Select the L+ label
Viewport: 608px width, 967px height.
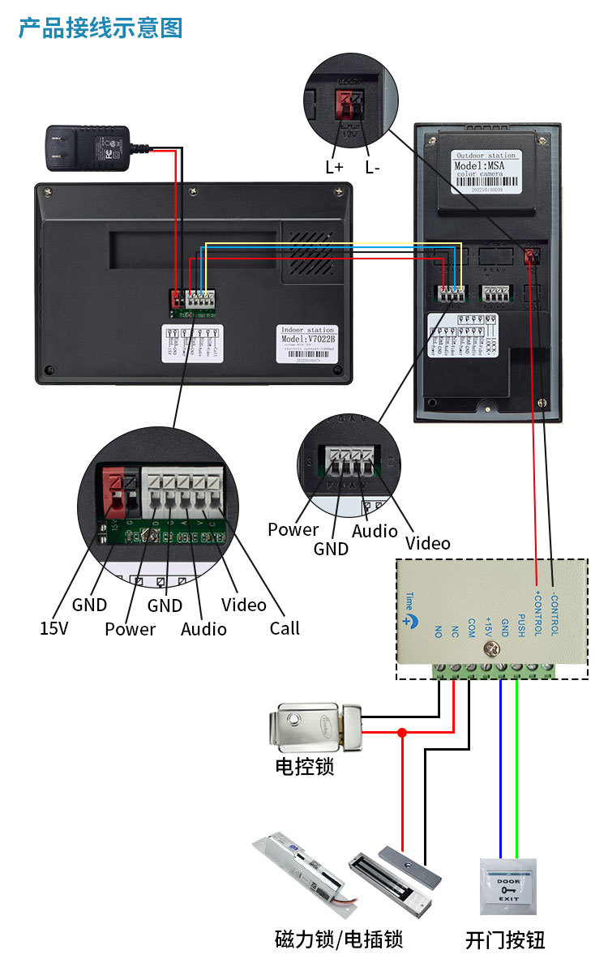pos(335,167)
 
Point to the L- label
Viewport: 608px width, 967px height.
pos(373,167)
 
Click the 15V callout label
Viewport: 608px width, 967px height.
pos(54,627)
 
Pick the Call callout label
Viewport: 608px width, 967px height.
pos(285,627)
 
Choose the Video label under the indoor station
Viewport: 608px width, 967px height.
pos(243,605)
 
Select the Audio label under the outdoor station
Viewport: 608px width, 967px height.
pos(375,531)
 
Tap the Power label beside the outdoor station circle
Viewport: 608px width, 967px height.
pos(293,529)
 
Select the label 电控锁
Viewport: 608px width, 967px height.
pos(305,765)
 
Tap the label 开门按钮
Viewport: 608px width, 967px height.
pos(505,940)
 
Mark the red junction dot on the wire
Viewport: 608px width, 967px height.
pos(402,732)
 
